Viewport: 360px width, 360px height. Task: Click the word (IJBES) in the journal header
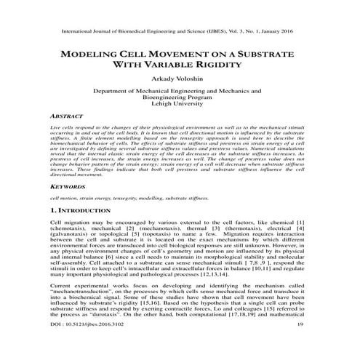227,33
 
